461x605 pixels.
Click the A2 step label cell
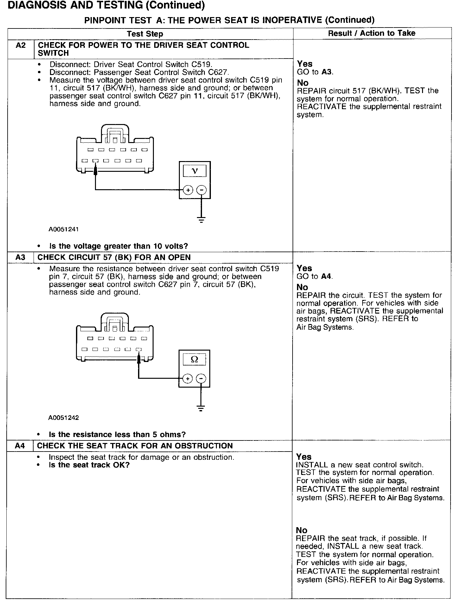pos(21,46)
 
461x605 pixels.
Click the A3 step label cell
pos(20,257)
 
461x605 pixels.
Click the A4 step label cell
pos(20,446)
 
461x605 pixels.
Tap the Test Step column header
pos(145,34)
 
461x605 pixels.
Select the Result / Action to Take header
pos(372,33)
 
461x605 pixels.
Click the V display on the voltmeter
pos(195,171)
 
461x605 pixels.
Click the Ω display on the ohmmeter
pos(194,359)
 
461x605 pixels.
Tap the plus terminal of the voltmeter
pos(188,190)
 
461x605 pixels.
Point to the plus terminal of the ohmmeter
pos(188,378)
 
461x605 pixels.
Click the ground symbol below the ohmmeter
pos(201,408)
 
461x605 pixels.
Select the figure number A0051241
pos(63,229)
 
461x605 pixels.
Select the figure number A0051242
pos(63,418)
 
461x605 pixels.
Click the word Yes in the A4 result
pos(304,457)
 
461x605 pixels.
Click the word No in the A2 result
pos(303,83)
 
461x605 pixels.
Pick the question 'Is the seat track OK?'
pos(89,465)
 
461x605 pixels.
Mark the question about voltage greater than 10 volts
pos(118,246)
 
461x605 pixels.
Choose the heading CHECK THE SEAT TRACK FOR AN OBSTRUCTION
pos(135,446)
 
